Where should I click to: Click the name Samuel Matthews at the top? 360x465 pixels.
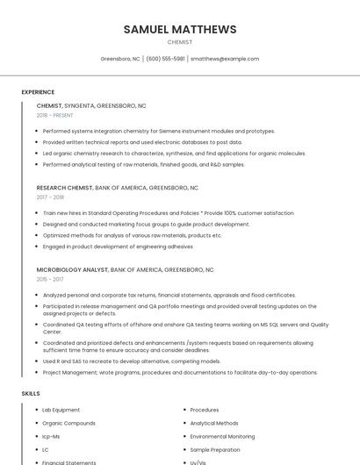[180, 29]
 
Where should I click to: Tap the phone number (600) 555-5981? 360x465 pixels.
[165, 59]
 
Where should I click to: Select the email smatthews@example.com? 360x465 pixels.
[225, 59]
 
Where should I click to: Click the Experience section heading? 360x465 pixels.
[38, 92]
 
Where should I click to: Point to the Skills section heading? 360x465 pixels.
[31, 394]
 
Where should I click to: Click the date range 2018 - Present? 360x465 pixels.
[54, 115]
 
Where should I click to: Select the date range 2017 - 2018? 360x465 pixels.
[51, 197]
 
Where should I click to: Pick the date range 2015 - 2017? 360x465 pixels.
[51, 279]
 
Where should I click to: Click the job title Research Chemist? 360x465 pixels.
[64, 188]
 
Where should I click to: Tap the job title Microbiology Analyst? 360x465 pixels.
[72, 269]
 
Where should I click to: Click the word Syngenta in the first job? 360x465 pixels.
[80, 105]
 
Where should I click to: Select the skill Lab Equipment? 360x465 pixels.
[61, 410]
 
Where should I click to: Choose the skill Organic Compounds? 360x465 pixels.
[68, 423]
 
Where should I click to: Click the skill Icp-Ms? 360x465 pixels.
[51, 436]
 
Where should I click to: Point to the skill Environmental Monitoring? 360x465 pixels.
[222, 436]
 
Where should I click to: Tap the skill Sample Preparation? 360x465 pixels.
[215, 449]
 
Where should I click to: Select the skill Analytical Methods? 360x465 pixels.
[214, 423]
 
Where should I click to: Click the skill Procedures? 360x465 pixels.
[205, 410]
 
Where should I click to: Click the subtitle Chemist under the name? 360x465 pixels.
[180, 42]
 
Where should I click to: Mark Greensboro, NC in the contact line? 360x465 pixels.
[120, 59]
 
